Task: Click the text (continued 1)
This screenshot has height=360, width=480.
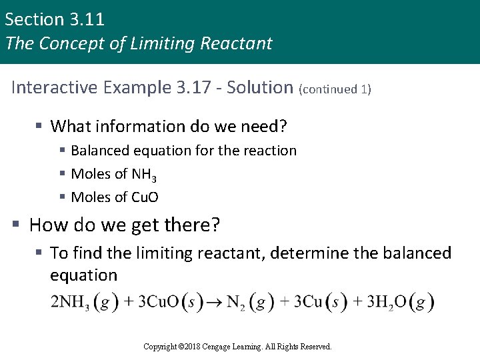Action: tap(335, 89)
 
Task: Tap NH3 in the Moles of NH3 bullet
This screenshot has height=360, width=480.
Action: tap(144, 175)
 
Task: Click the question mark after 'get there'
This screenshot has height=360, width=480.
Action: tap(214, 225)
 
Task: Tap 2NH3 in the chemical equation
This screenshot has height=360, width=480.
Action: tap(70, 302)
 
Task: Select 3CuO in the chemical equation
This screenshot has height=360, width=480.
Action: tap(158, 302)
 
